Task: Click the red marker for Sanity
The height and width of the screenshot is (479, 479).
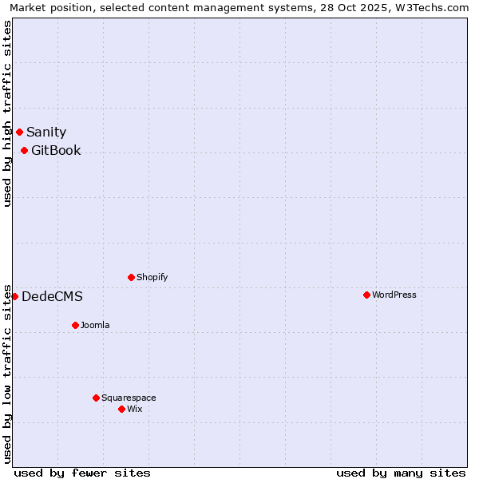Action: tap(19, 132)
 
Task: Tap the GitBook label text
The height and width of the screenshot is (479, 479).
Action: tap(56, 151)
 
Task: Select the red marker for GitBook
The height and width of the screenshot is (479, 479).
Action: tap(24, 150)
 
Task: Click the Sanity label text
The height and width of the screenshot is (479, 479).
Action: tap(46, 133)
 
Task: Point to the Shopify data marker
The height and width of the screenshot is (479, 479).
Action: tap(131, 277)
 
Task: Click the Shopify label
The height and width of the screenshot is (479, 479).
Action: tap(152, 278)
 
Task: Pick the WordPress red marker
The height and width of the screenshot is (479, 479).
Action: tap(366, 295)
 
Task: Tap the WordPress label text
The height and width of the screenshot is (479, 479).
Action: tap(394, 295)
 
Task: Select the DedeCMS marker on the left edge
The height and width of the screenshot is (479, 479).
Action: tap(14, 296)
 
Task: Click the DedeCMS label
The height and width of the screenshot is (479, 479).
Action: tap(52, 297)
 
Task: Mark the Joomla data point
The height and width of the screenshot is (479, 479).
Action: tap(75, 325)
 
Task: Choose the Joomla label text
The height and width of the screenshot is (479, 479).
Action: tap(95, 326)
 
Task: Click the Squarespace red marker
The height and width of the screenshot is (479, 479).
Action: tap(96, 398)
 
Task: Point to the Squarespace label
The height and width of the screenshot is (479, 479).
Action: tap(129, 398)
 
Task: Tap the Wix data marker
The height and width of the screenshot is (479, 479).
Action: tap(121, 409)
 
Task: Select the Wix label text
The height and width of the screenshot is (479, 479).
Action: tap(134, 410)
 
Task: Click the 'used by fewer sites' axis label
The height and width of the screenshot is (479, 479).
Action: tap(82, 473)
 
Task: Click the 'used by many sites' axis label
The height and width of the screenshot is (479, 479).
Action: tap(401, 473)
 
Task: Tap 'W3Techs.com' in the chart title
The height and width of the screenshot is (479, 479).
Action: tap(434, 8)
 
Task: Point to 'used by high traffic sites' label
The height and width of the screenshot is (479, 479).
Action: tap(8, 113)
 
